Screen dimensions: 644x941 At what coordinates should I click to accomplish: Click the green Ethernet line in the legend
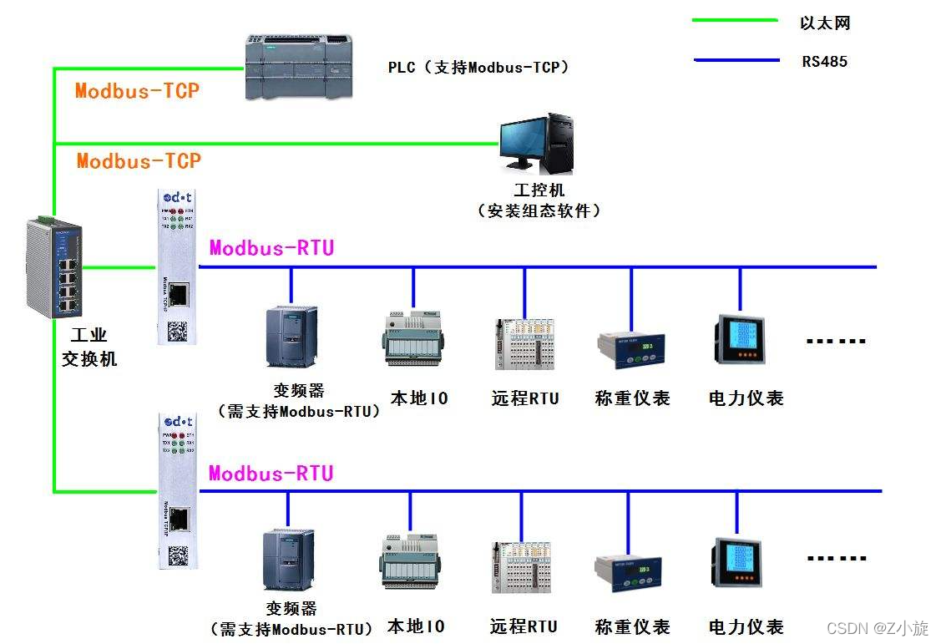tap(735, 20)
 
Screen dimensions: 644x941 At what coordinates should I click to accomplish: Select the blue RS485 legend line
tap(735, 59)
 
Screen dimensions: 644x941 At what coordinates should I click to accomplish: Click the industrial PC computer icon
tap(536, 143)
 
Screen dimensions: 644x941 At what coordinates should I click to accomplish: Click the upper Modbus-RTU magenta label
tap(271, 247)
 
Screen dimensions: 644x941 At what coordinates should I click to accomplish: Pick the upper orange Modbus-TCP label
tap(138, 91)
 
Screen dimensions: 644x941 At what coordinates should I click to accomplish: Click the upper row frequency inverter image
tap(291, 337)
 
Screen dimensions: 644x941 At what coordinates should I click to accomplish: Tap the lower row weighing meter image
tap(629, 572)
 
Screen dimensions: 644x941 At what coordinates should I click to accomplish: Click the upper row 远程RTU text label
tap(525, 398)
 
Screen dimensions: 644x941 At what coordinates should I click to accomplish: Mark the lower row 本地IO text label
tap(416, 626)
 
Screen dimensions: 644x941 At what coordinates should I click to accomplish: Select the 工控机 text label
tap(539, 190)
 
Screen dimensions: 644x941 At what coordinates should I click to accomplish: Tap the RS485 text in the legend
tap(824, 61)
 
